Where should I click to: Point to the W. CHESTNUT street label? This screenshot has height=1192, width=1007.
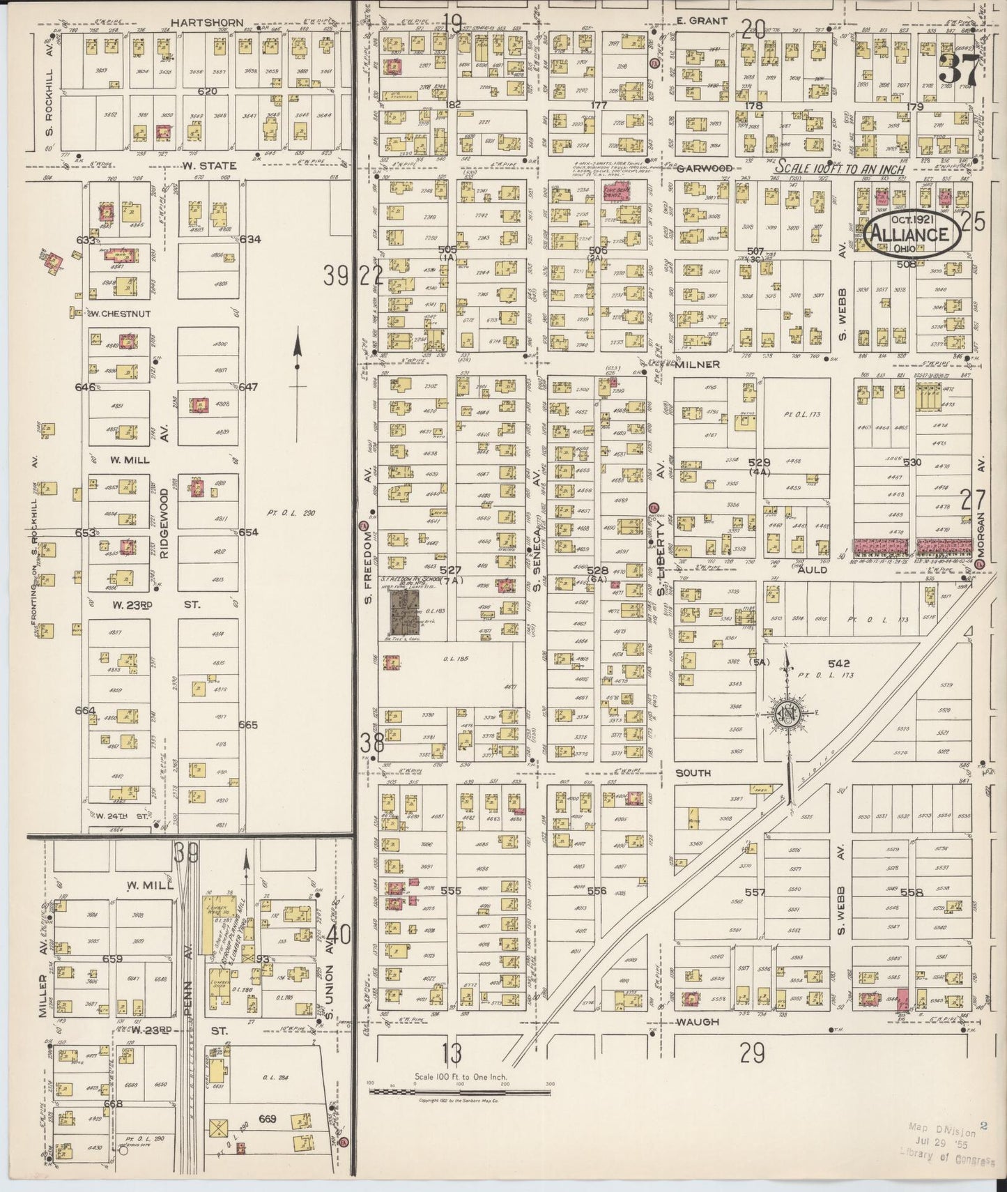pos(119,314)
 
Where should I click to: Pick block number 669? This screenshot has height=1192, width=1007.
pos(268,1120)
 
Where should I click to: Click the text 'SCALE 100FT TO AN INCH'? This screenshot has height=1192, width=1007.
pos(841,169)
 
